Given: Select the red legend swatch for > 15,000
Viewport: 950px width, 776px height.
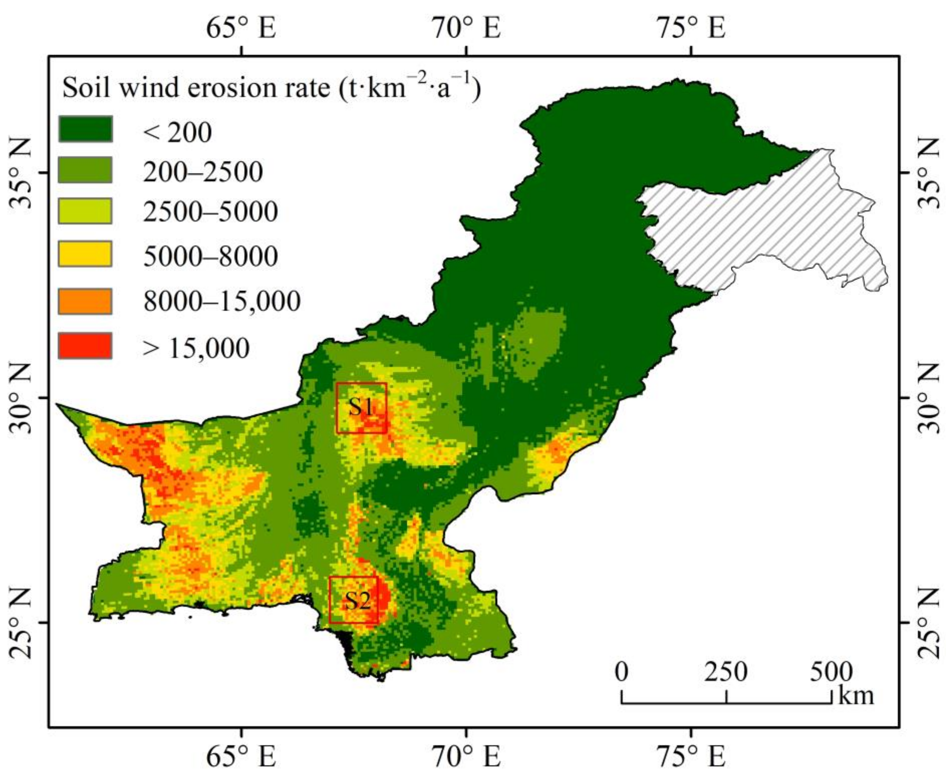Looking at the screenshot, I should pos(85,346).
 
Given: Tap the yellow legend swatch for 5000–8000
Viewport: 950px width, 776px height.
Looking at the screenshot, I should pos(85,254).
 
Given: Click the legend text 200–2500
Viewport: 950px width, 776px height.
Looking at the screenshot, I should pos(202,172).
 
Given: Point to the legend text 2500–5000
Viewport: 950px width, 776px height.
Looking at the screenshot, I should pos(210,212).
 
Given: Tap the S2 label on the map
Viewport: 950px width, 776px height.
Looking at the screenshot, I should pos(357,601).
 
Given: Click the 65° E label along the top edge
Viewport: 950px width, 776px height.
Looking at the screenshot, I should pos(241,28).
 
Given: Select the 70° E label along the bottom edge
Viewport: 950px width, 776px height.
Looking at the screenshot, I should pos(466,756).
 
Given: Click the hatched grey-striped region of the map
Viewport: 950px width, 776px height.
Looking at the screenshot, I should pos(760,223).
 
